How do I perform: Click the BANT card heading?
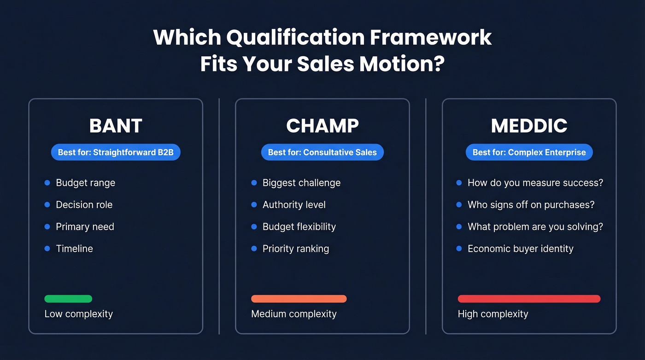click(x=116, y=126)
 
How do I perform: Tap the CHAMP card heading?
click(x=322, y=126)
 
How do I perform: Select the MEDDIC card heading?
click(x=529, y=126)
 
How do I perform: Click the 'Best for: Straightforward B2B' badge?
click(x=116, y=152)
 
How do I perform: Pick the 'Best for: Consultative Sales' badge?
click(x=322, y=152)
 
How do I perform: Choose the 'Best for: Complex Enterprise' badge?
click(x=529, y=152)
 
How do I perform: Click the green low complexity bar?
click(x=68, y=299)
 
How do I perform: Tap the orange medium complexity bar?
click(x=299, y=299)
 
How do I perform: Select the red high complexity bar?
click(x=529, y=299)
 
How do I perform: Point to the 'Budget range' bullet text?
click(x=86, y=183)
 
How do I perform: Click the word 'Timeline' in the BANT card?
click(x=75, y=249)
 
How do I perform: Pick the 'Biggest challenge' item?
click(x=301, y=183)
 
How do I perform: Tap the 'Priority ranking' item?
click(x=296, y=249)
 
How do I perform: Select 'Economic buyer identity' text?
click(x=521, y=249)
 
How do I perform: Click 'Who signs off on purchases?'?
click(x=531, y=205)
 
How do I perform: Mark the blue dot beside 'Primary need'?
click(x=47, y=227)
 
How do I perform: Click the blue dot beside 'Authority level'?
click(x=254, y=205)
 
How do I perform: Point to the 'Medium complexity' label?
click(x=294, y=314)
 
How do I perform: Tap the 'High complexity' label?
click(x=493, y=314)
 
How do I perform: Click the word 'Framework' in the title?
click(x=431, y=37)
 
